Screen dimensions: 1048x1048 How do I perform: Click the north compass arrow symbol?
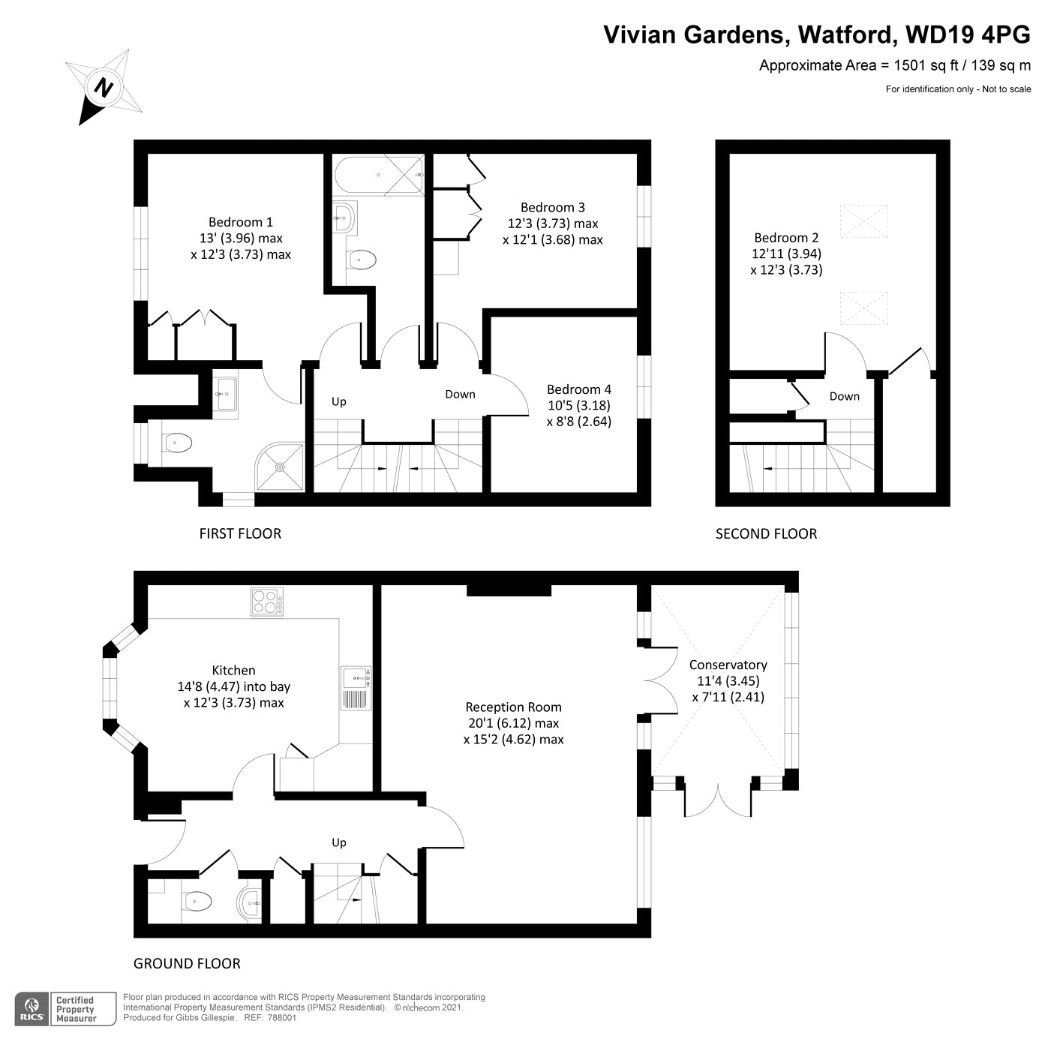(x=103, y=87)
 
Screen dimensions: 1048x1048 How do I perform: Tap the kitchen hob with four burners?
(x=266, y=602)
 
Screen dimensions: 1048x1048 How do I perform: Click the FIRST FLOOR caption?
(x=239, y=533)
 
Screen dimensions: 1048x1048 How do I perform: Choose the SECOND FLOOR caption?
(x=765, y=533)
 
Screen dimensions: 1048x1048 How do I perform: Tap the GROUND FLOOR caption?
(x=187, y=963)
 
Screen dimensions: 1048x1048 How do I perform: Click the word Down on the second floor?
(x=844, y=396)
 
